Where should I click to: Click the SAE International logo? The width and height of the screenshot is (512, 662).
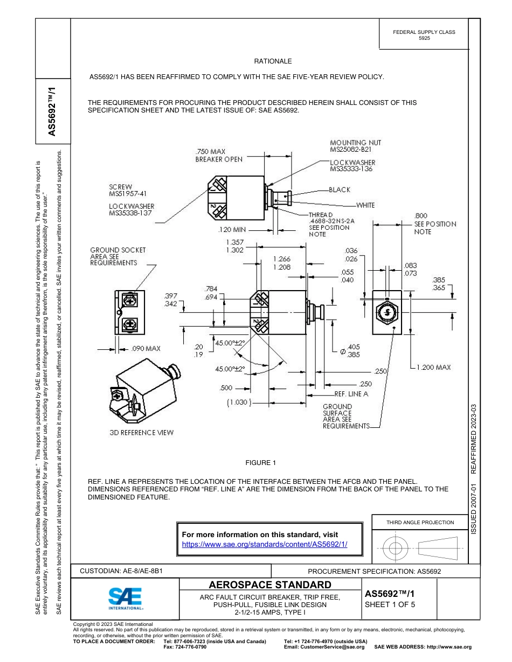pos(125,598)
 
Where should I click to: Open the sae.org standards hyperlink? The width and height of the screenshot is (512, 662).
pos(265,544)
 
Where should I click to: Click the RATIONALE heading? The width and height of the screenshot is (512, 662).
pos(273,61)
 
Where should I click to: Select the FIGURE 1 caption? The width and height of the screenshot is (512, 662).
pos(260,463)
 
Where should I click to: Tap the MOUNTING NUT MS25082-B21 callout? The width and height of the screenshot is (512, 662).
pos(355,146)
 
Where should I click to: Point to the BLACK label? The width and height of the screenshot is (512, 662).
pos(340,189)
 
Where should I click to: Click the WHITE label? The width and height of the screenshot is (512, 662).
pos(365,205)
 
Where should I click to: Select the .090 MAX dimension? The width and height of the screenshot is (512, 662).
pos(146,349)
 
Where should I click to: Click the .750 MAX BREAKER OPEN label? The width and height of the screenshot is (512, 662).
pos(218,156)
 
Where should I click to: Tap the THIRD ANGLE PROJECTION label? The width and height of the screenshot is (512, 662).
pos(420,522)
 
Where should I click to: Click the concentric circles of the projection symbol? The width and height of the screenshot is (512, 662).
pos(396,548)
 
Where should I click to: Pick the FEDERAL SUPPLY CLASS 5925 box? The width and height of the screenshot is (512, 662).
pos(424,35)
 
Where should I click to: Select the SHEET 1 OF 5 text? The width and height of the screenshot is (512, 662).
pos(390,604)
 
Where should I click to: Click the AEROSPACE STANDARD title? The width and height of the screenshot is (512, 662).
pos(269,584)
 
